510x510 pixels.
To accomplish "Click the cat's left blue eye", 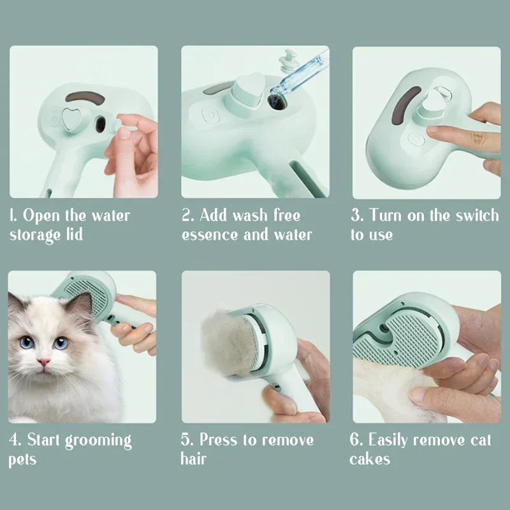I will coord(27,342).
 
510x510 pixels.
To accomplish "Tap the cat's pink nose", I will coord(43,362).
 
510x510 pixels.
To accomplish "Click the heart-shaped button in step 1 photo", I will coord(71,119).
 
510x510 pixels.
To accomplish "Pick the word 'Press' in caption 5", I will coord(224,440).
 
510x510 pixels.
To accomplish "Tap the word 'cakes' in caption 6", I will coord(370,459).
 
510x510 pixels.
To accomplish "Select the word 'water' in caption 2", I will coord(291,235).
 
